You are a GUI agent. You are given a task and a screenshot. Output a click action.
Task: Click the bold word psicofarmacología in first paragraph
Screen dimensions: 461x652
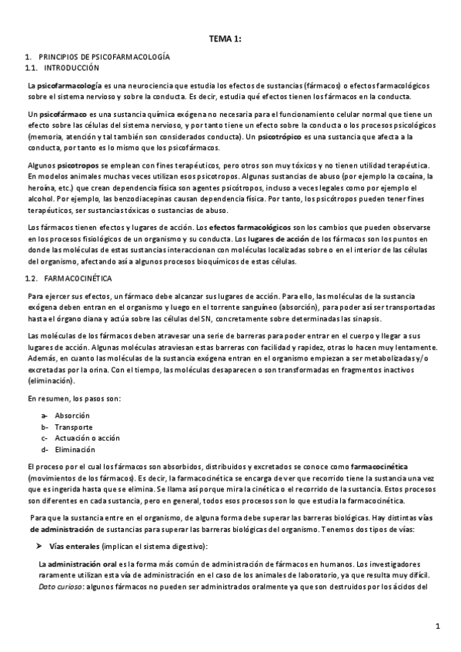coord(69,85)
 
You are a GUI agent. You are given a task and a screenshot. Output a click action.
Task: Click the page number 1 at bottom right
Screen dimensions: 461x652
coord(437,627)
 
